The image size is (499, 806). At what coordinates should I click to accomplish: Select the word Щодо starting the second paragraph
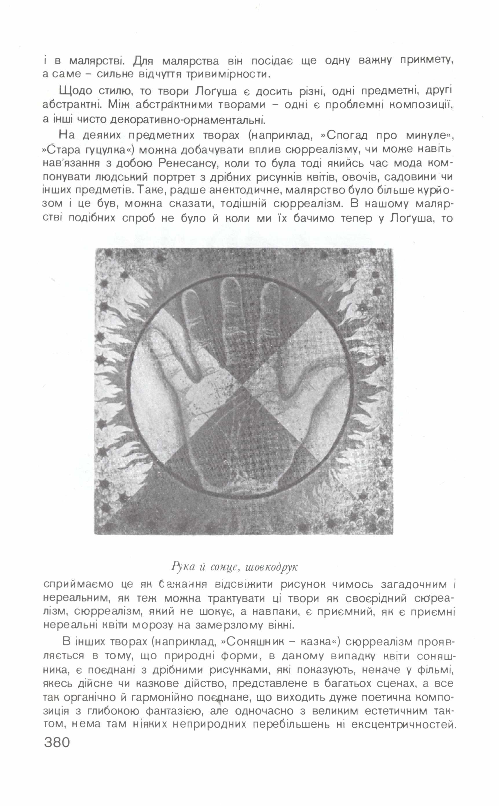pos(73,91)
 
